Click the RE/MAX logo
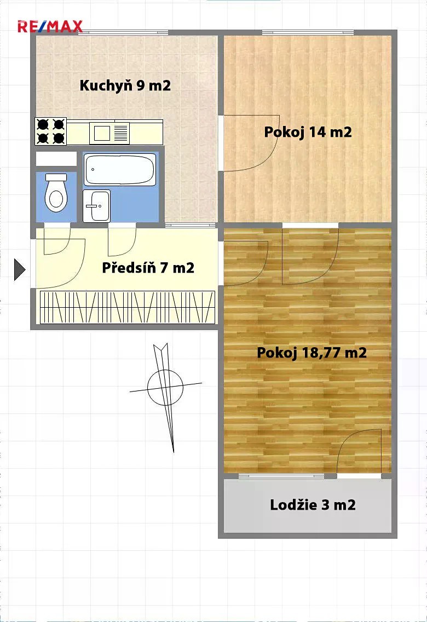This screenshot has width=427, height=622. pos(50,26)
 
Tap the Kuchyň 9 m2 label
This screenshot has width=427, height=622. pos(125,85)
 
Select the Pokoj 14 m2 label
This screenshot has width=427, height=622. pos(308,132)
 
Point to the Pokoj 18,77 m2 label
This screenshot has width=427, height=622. pos(311,353)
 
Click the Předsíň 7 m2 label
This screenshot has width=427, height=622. pos(148,268)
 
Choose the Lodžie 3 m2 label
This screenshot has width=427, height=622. pos(313,505)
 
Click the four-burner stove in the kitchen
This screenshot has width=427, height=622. pos(51,131)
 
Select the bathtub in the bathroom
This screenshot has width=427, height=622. pos(119,169)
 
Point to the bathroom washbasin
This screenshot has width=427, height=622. pos(96,206)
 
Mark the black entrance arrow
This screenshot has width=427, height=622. pos(19,270)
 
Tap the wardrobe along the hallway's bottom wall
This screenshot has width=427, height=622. pos(127,307)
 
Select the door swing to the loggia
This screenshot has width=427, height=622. pos(360,451)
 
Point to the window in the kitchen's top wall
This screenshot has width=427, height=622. pos(123,32)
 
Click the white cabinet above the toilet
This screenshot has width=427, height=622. pos(56,159)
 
